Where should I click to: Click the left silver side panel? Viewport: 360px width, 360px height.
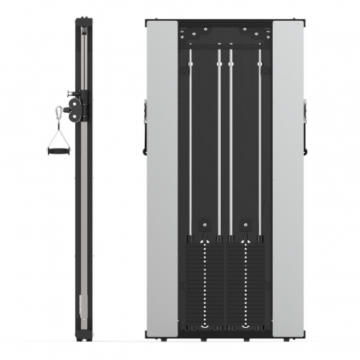point(162,176)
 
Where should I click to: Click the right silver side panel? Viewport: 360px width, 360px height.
point(288,176)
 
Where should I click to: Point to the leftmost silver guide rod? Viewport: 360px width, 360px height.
point(190,144)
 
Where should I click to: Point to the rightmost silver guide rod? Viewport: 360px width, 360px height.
point(259,144)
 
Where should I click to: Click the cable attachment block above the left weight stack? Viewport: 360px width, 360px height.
point(205,226)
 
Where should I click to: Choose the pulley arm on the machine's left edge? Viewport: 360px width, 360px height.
point(145,128)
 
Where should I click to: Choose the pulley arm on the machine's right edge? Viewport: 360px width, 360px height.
point(305,128)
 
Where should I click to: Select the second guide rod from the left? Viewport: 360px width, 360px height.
point(218,144)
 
